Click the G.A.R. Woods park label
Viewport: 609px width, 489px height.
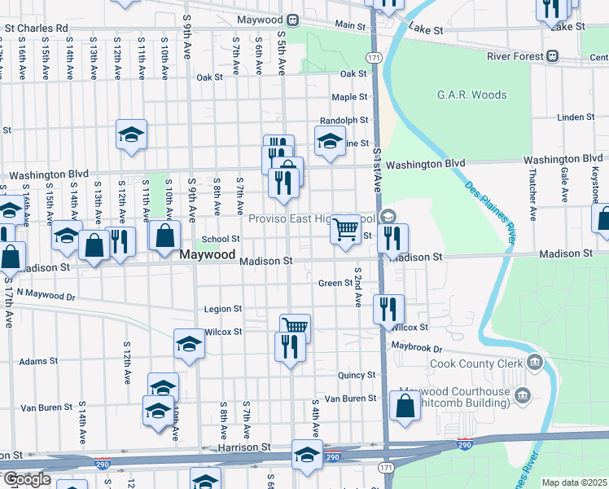[x=471, y=95]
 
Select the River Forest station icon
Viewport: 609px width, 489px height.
[x=553, y=55]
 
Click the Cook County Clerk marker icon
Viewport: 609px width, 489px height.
[x=534, y=361]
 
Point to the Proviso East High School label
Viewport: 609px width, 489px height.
[x=313, y=218]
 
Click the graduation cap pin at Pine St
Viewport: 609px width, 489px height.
[x=331, y=139]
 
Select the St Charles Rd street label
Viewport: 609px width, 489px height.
[x=37, y=27]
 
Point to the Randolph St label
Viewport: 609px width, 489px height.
[x=344, y=120]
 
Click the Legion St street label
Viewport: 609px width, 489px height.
[x=223, y=309]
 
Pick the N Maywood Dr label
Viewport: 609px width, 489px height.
[x=46, y=293]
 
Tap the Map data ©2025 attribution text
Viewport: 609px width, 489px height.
[x=573, y=482]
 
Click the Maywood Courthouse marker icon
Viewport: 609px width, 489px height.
[x=522, y=396]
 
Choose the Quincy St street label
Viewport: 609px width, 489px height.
[x=357, y=375]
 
